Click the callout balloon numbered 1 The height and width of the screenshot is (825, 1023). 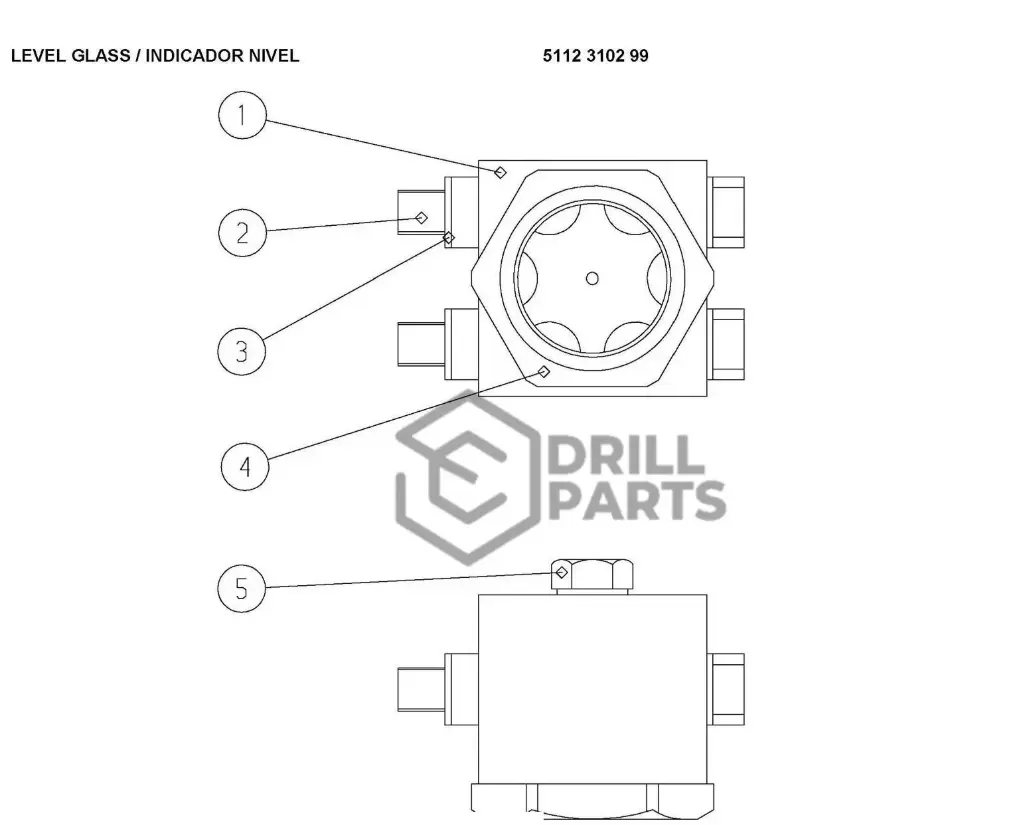241,116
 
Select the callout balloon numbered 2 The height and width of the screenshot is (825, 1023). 241,233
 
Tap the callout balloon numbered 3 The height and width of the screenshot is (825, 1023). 241,351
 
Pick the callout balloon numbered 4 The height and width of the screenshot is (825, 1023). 244,466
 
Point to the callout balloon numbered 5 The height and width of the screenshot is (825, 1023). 241,589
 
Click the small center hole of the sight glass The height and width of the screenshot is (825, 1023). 592,278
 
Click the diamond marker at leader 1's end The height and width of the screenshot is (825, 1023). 500,172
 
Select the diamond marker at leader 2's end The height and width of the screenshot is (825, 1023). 421,217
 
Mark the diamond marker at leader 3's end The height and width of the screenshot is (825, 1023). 448,238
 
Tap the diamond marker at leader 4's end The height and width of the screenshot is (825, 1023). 544,372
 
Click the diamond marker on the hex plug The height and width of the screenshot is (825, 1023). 562,572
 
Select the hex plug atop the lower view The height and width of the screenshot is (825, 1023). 591,575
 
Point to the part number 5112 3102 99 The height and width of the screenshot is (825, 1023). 595,56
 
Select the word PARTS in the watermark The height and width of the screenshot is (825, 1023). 638,501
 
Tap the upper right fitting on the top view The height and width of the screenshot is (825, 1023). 727,211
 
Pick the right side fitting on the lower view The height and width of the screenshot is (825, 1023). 727,688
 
